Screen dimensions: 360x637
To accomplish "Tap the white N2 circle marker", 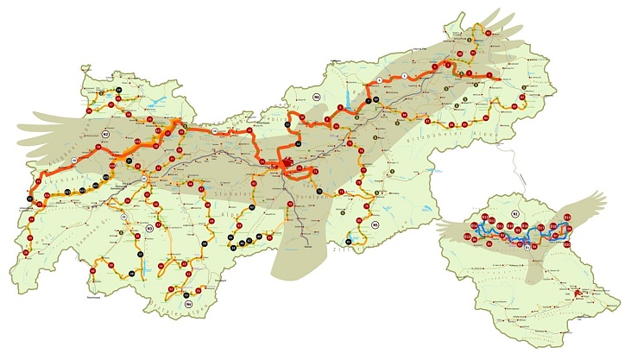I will click(x=105, y=135).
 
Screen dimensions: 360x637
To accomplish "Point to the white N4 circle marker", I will click(x=188, y=304).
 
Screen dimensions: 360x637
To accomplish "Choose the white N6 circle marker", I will click(x=317, y=96).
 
